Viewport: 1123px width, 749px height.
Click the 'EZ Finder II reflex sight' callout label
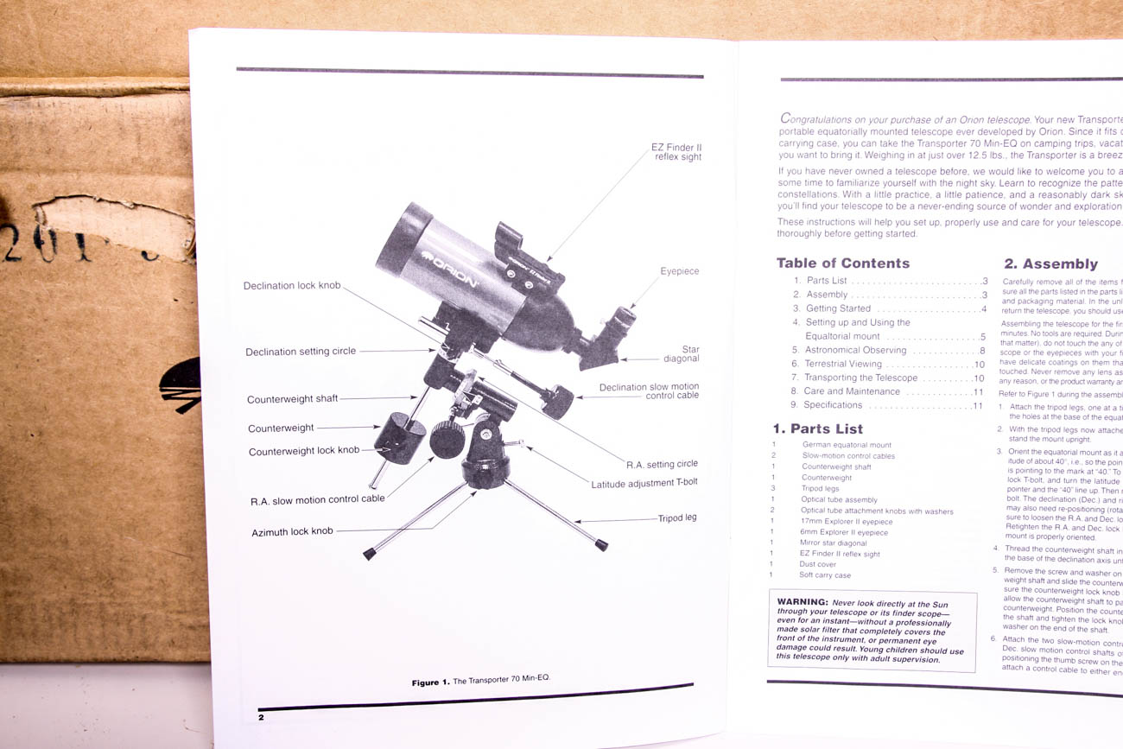pos(676,152)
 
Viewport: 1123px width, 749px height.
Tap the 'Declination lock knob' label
pos(292,286)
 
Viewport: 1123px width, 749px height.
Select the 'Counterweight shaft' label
pos(293,399)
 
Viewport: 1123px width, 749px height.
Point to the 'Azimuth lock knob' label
pos(292,531)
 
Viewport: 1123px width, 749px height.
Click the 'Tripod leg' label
pos(677,518)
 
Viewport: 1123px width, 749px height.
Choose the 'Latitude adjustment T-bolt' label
pos(644,484)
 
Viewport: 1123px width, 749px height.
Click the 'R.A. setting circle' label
pos(662,464)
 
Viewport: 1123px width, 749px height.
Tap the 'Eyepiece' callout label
pos(680,271)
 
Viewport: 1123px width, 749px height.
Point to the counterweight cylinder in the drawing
pos(398,438)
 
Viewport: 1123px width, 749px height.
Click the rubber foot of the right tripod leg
pos(600,545)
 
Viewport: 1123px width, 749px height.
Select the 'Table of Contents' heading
pos(842,263)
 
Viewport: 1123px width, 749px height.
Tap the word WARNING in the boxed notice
pos(803,602)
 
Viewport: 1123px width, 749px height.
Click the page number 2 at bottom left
pos(261,717)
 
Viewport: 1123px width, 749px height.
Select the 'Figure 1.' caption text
pos(430,682)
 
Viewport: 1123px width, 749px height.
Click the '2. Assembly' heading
pos(1050,264)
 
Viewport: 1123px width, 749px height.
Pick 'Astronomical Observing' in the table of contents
pos(855,350)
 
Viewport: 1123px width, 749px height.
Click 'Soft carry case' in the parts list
pos(825,575)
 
